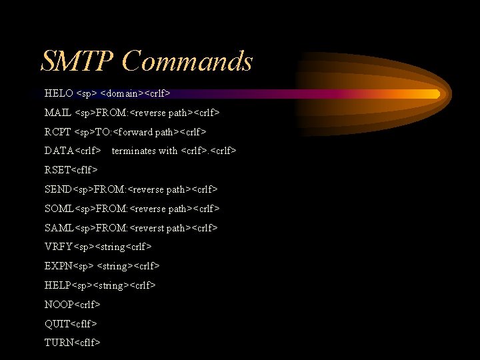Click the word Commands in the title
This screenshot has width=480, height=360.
click(x=187, y=61)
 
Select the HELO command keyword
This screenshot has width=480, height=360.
click(x=59, y=93)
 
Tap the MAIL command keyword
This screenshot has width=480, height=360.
click(x=59, y=113)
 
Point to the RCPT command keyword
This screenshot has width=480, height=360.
click(x=58, y=132)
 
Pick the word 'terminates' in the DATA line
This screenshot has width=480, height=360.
click(x=135, y=151)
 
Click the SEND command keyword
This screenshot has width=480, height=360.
click(x=58, y=189)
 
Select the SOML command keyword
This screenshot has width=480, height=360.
click(x=59, y=209)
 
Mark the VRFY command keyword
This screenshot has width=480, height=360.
click(x=58, y=247)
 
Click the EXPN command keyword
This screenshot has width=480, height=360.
click(x=58, y=266)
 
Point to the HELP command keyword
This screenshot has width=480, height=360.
click(x=57, y=285)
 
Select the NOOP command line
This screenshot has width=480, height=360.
click(x=73, y=305)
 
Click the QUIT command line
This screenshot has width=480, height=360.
click(x=71, y=324)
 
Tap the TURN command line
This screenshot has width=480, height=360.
click(x=73, y=343)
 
